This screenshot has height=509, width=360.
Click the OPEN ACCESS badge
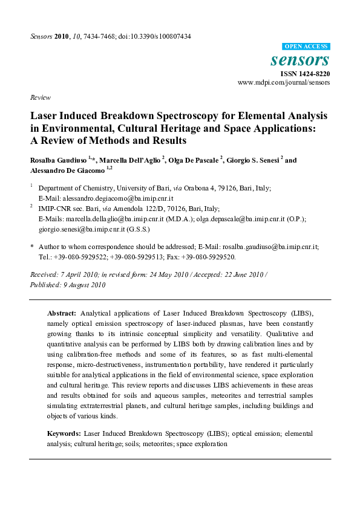click(306, 47)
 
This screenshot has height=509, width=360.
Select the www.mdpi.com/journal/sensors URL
click(284, 82)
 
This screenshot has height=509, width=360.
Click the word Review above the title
click(40, 97)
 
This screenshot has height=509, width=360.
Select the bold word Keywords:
click(64, 433)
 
